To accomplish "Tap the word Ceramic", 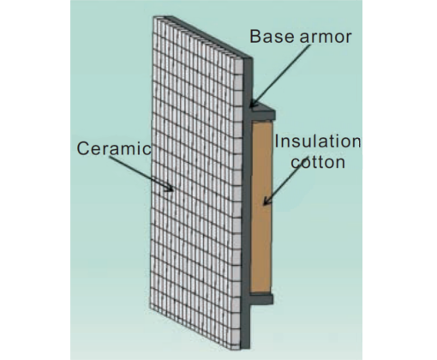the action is [x=114, y=148].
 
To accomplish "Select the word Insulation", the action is [x=318, y=141].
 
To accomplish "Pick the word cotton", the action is [x=318, y=162].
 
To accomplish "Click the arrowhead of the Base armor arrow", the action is [x=254, y=104].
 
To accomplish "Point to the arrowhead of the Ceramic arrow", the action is [x=169, y=188].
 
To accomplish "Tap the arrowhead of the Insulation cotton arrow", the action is [x=266, y=201].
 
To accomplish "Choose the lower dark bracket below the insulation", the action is [x=261, y=298].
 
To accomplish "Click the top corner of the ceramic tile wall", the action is [x=154, y=17].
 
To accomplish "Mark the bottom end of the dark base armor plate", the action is [x=246, y=348].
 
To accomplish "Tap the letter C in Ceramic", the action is [x=83, y=148].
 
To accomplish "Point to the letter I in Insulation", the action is [x=277, y=141].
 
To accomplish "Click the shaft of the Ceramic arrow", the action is [x=139, y=172].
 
